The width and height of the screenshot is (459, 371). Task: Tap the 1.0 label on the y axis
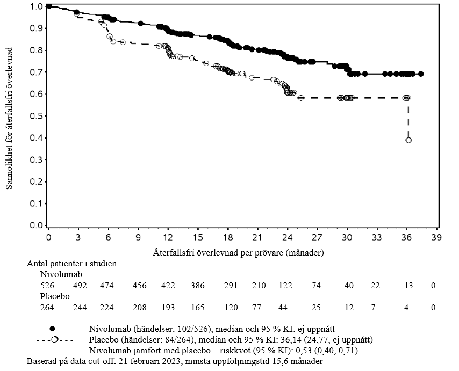pos(37,6)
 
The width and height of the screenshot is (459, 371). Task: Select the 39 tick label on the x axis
pos(436,237)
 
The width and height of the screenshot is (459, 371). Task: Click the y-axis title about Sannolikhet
pos(9,117)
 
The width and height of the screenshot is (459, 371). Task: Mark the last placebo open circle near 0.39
pos(408,140)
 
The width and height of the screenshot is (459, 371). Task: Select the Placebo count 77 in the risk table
pos(259,308)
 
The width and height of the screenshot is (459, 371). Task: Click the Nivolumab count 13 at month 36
pos(409,286)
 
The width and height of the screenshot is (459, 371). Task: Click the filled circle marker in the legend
pos(52,329)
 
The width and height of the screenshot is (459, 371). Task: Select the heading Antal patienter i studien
pos(71,264)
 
